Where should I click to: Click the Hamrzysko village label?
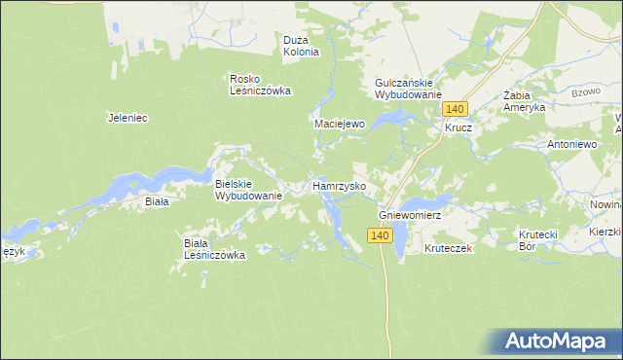[x=338, y=185]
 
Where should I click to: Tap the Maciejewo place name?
[x=339, y=125]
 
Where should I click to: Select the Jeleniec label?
[x=127, y=118]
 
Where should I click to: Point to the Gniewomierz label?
[x=410, y=213]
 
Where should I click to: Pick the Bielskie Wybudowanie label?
[x=248, y=189]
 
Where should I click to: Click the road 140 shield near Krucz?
[x=459, y=108]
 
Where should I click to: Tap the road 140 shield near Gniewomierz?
[x=380, y=235]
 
